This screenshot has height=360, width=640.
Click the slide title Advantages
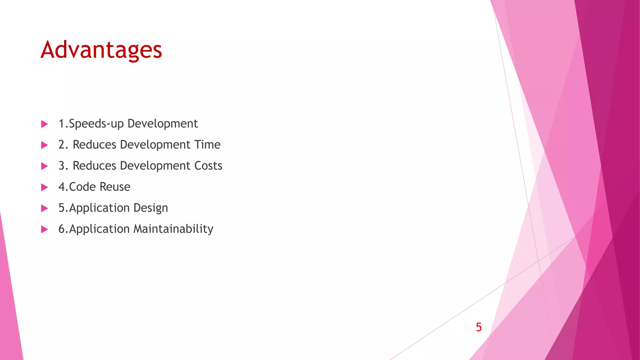101,50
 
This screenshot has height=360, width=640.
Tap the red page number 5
478,327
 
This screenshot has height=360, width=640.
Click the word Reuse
115,187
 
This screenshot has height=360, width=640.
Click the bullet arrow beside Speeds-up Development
44,124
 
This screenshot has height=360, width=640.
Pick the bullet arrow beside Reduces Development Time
44,145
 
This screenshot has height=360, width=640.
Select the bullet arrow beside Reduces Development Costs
44,166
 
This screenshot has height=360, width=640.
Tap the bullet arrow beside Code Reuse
44,187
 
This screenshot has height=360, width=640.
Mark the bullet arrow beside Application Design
44,208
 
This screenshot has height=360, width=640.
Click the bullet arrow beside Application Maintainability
44,229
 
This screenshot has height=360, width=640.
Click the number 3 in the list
62,166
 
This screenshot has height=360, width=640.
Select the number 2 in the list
62,145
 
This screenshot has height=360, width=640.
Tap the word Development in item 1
162,124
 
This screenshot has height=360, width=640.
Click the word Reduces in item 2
94,145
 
